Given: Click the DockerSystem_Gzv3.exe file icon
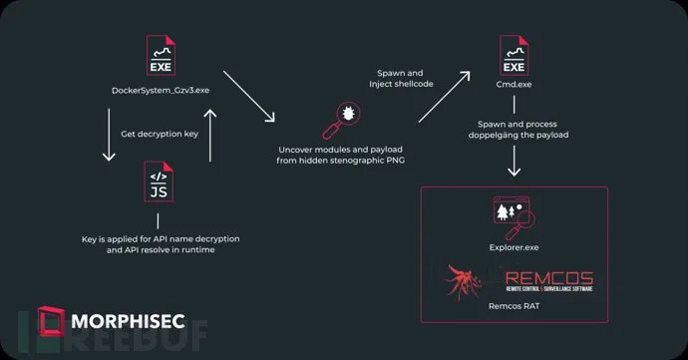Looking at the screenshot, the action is [161, 55].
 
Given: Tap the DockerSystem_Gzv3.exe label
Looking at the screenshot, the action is [161, 91].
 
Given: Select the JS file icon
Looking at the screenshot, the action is [159, 181].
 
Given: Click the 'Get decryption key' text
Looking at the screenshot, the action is [160, 134].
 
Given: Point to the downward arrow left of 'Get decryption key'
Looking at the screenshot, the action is [109, 135].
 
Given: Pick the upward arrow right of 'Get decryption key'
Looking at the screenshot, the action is [210, 136].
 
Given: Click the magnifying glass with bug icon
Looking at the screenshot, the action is [341, 121].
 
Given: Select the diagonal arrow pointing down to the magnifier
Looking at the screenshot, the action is [249, 96].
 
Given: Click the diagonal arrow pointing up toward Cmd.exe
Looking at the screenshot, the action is [444, 97].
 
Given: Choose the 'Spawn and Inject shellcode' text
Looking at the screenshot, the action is [401, 79].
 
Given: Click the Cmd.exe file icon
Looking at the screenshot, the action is [514, 55].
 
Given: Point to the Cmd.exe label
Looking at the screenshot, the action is [514, 85].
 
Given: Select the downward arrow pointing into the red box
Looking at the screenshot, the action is [514, 161].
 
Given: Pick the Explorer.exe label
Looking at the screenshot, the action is [514, 247].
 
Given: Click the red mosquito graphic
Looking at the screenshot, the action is [463, 282].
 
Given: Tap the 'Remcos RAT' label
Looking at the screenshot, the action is [514, 306].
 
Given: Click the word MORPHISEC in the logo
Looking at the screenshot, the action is [128, 321].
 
